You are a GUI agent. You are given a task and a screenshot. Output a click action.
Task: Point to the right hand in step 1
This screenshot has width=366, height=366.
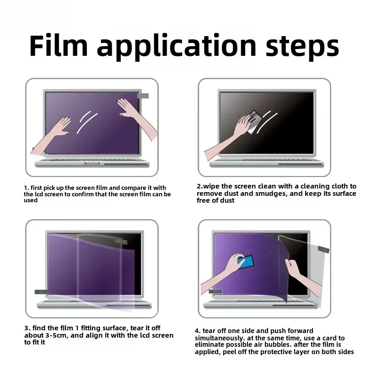click(130, 110)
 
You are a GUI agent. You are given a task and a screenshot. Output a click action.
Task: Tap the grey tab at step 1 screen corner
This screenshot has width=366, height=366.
click(143, 96)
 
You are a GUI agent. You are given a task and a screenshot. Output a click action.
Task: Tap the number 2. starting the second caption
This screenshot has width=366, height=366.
click(200, 186)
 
